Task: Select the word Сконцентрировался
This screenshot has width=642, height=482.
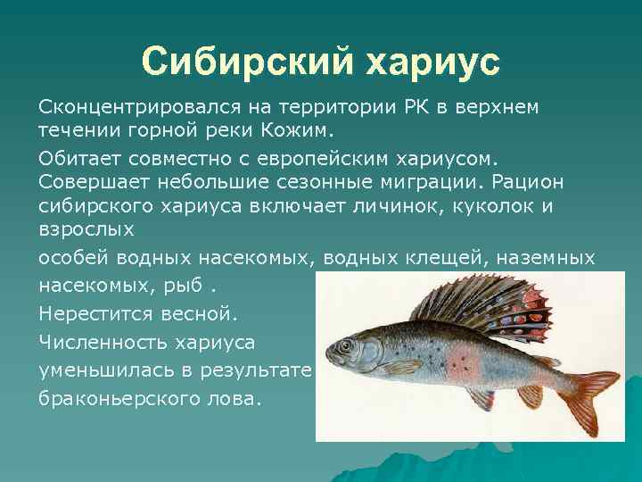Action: coord(128,107)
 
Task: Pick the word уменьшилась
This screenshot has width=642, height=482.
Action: coord(97,370)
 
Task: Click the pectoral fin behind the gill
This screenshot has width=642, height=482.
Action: coord(401,367)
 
